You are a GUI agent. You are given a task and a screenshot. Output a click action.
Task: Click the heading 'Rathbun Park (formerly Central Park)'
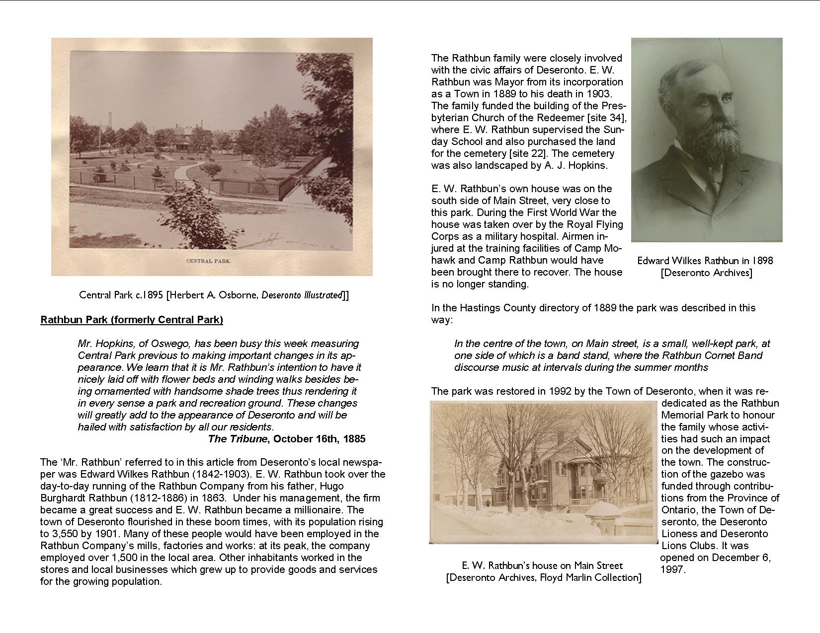pos(132,320)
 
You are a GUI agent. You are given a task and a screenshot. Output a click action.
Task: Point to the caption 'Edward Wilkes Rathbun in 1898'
pos(705,261)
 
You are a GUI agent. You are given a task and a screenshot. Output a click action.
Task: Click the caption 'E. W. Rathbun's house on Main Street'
pos(542,565)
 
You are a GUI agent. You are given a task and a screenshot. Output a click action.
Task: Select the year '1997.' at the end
pos(673,569)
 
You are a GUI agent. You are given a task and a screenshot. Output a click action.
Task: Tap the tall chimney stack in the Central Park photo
pos(109,119)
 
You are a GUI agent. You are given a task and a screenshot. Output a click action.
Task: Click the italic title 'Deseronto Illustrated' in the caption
pos(302,295)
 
